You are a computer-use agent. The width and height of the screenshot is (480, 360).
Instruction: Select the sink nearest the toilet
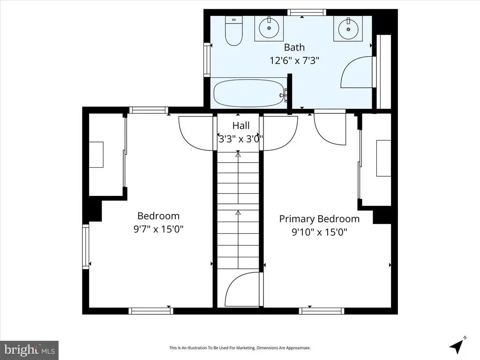[269, 28]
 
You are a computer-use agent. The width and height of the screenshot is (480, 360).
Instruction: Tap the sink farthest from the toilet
[348, 28]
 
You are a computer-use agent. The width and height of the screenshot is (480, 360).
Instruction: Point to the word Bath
[294, 47]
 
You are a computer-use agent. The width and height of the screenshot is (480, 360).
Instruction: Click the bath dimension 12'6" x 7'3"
[294, 60]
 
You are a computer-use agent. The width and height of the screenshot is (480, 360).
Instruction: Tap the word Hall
[241, 126]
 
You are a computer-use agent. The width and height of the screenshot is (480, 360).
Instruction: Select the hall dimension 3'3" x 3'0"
[240, 139]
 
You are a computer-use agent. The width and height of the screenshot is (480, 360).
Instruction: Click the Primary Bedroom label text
[319, 219]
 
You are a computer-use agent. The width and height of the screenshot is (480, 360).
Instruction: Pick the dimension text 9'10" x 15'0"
[319, 232]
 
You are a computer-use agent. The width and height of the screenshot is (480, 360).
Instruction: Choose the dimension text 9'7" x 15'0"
[158, 229]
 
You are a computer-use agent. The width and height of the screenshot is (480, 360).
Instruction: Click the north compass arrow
[457, 346]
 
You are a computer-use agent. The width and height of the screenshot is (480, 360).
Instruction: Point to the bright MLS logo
[30, 350]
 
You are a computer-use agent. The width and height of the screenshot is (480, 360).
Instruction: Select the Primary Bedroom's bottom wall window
[322, 311]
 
